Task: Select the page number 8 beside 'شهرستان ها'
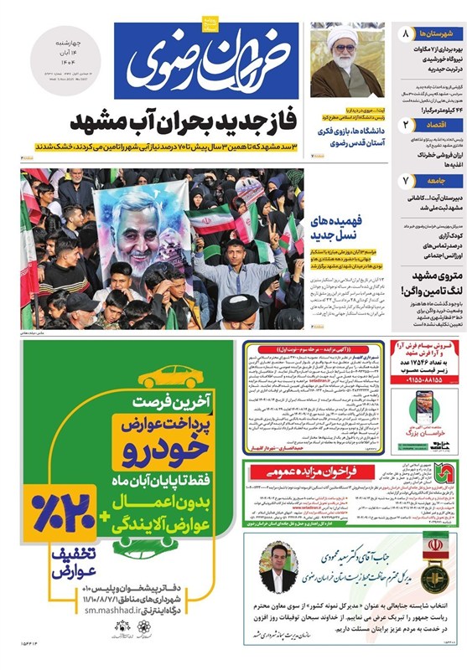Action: click(x=405, y=34)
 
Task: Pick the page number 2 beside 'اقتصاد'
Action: click(x=405, y=124)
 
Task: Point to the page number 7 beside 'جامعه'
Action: click(x=405, y=180)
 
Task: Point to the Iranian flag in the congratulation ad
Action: click(x=435, y=542)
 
